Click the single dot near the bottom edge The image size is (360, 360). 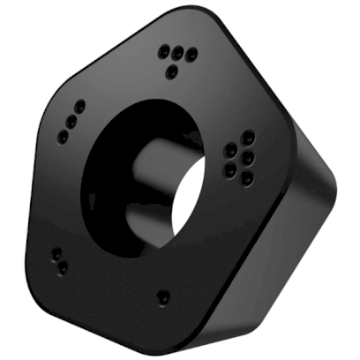coord(162,296)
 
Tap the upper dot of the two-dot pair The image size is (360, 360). coord(56,253)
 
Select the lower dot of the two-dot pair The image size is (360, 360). coord(63,266)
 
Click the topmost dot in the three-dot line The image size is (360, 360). coord(80,106)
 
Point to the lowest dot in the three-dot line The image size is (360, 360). coord(63,136)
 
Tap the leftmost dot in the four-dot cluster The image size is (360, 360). coord(163,51)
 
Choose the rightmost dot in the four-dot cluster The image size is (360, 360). coord(191,56)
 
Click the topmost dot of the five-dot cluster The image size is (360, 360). coord(250,137)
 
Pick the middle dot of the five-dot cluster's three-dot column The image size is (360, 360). coord(250,157)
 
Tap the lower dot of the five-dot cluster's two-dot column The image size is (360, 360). coord(230,168)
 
